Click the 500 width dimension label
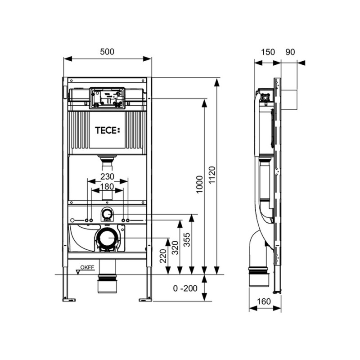(107, 52)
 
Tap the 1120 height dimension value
(211, 175)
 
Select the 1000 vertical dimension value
(200, 184)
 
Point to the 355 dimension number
(187, 240)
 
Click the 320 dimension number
(175, 247)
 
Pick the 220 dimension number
(163, 256)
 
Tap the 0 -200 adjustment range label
(185, 288)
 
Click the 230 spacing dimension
(107, 176)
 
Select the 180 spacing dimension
(107, 187)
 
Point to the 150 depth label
(268, 52)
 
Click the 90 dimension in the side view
(290, 52)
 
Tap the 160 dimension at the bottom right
(264, 301)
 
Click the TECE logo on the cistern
(108, 130)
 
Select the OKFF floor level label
(87, 267)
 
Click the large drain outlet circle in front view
(107, 238)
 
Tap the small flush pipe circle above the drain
(107, 214)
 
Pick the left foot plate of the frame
(69, 300)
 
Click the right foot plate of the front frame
(145, 300)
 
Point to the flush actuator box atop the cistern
(107, 98)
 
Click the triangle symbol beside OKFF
(79, 272)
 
